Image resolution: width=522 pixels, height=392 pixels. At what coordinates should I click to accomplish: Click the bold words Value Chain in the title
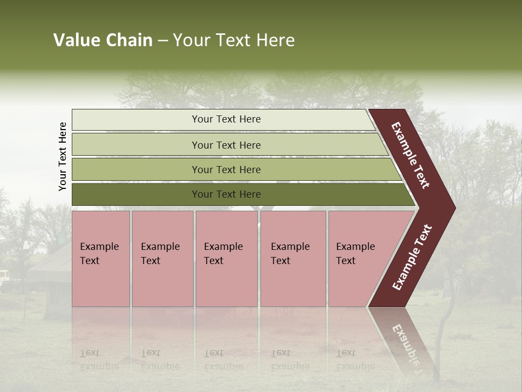pyautogui.click(x=103, y=40)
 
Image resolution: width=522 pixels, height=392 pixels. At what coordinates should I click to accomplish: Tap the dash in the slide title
pyautogui.click(x=163, y=41)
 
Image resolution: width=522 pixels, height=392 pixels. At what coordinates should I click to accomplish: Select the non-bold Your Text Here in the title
pyautogui.click(x=234, y=40)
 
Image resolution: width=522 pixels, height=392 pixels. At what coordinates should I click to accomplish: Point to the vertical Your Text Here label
pyautogui.click(x=63, y=156)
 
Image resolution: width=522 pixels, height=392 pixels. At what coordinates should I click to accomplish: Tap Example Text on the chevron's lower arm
pyautogui.click(x=412, y=257)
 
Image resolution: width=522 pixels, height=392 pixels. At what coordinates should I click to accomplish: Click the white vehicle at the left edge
pyautogui.click(x=4, y=275)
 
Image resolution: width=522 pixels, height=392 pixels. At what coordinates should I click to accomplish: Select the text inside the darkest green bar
pyautogui.click(x=226, y=194)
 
